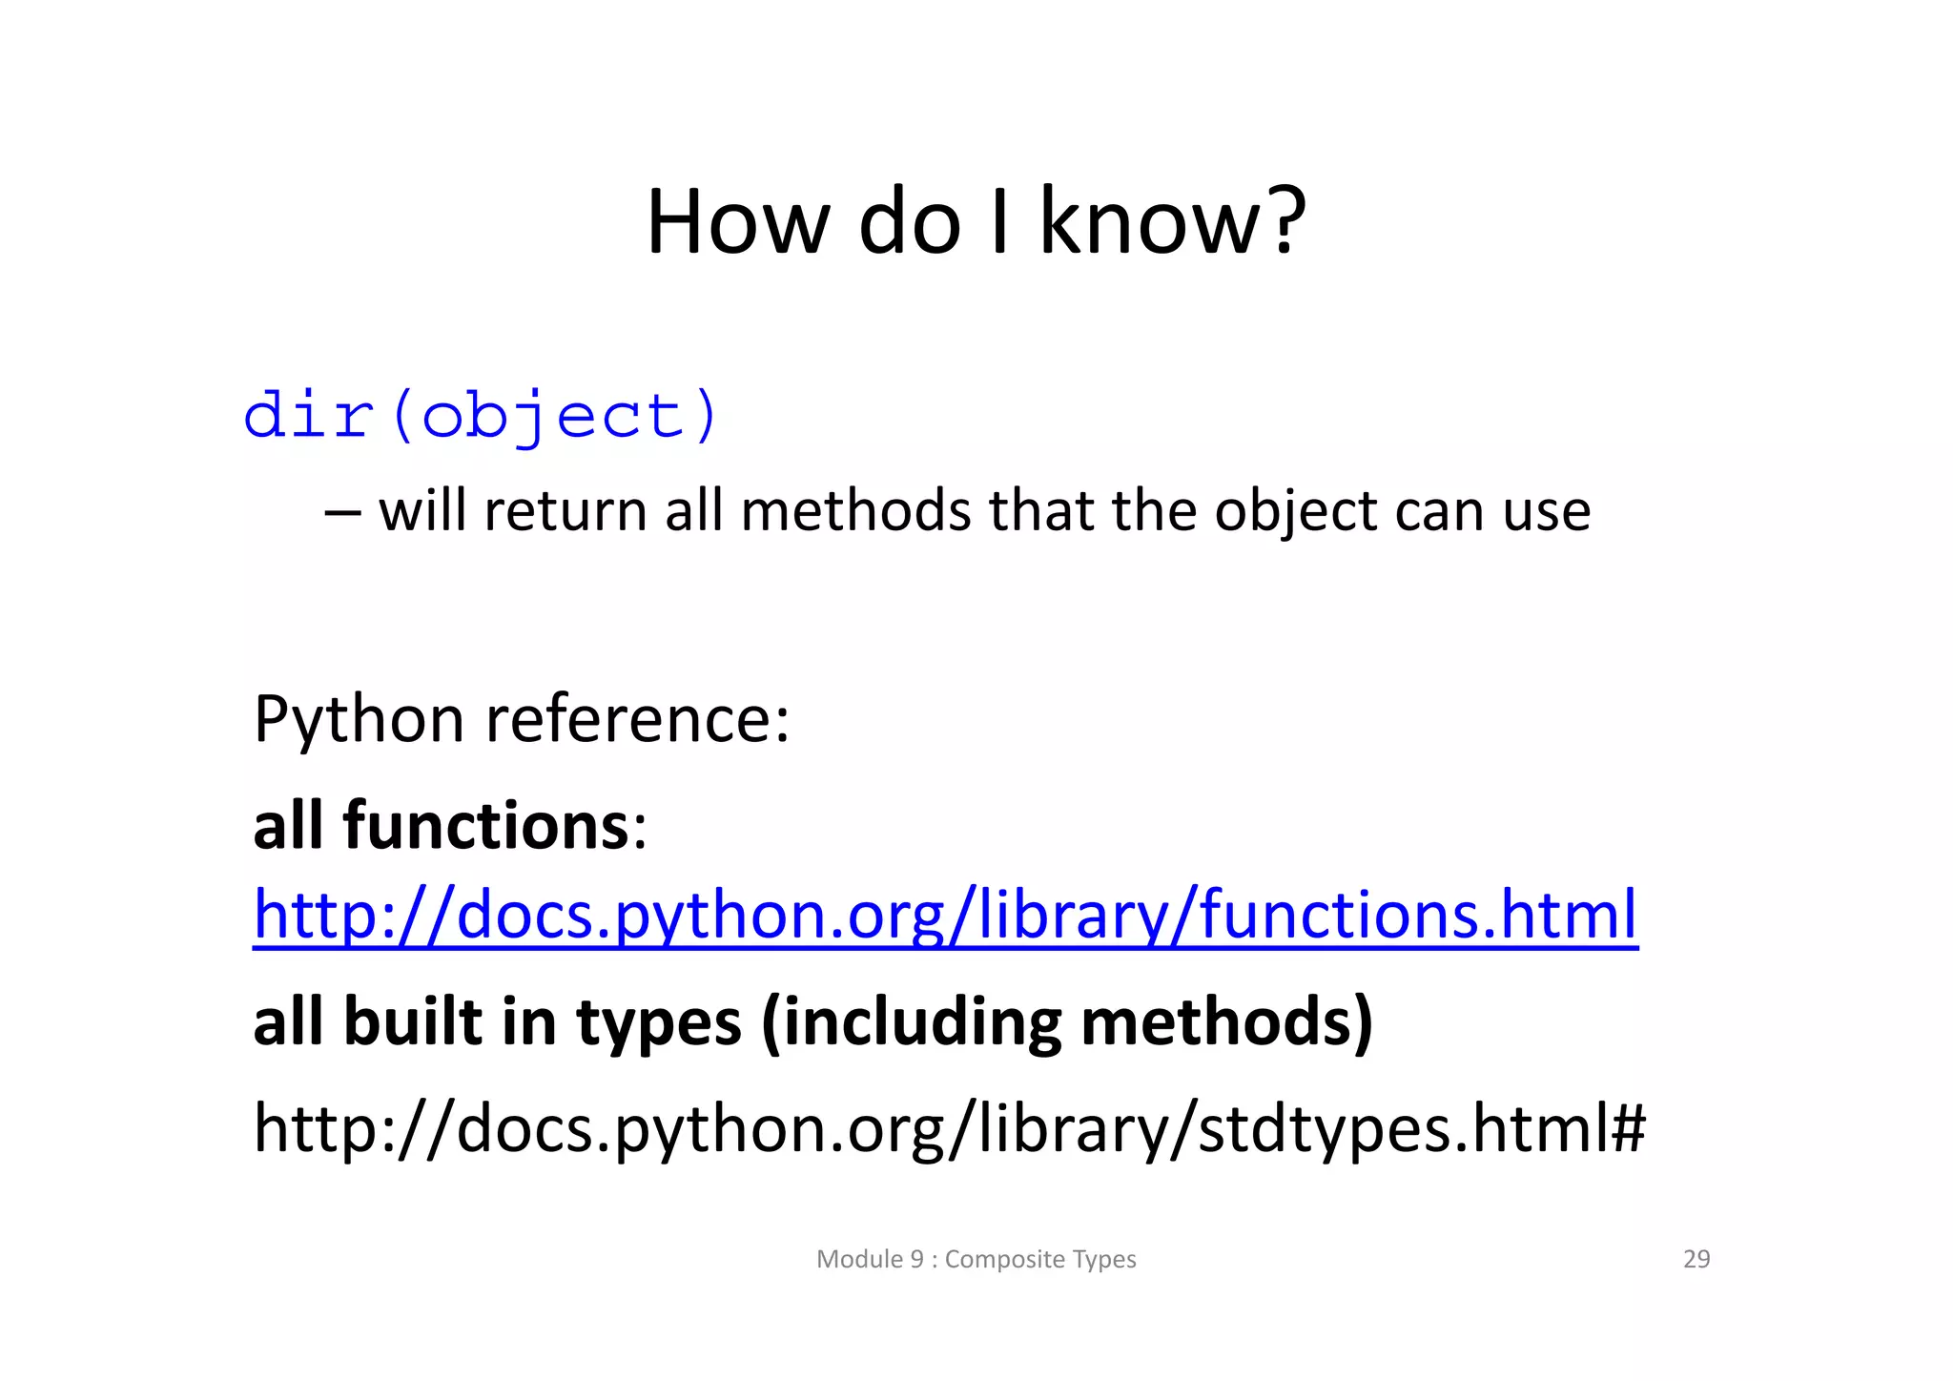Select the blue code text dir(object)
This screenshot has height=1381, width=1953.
coord(481,417)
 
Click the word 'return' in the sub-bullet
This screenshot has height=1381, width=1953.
coord(565,511)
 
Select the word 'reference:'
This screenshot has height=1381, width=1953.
coord(638,720)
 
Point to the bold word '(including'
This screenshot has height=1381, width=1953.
coord(912,1022)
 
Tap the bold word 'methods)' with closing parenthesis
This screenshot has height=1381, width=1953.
coord(1226,1022)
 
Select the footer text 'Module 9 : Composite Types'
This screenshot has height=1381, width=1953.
coord(976,1259)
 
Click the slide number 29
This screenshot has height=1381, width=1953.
coord(1696,1259)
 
